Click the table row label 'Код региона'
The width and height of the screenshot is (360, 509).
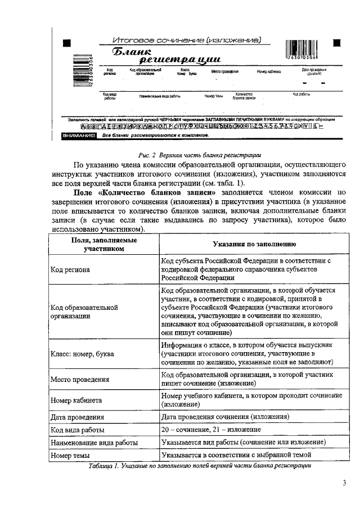point(70,269)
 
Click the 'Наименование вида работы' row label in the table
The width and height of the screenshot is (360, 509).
point(94,443)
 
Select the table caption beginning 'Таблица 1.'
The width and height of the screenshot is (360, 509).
point(200,466)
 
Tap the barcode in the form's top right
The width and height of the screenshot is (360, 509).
point(301,50)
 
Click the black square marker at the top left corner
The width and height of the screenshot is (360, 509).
point(66,43)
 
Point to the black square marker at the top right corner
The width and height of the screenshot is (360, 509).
point(336,43)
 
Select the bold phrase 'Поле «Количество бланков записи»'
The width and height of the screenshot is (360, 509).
point(146,192)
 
